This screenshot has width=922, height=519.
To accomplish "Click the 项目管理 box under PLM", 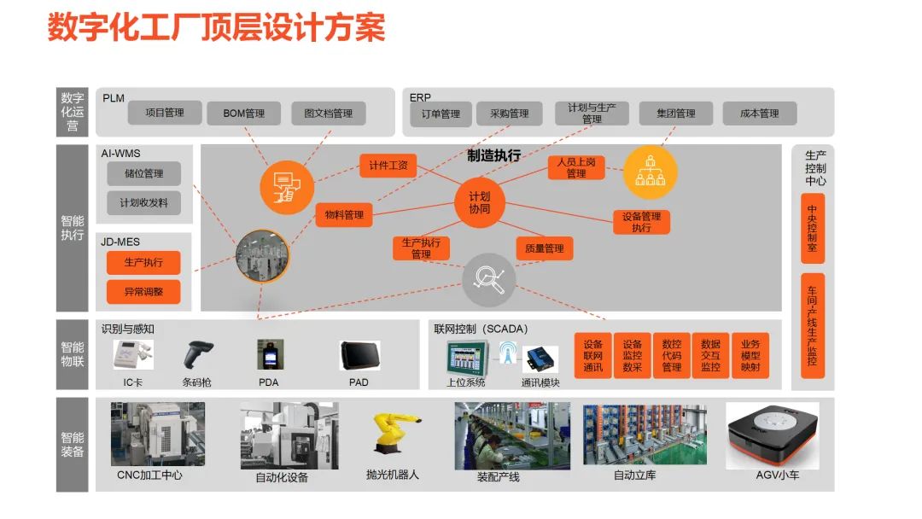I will click(x=165, y=113).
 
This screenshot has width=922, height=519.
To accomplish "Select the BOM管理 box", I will click(x=243, y=114).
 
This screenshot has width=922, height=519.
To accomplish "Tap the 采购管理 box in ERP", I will click(x=509, y=114).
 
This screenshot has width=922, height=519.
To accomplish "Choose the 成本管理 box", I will click(x=759, y=114).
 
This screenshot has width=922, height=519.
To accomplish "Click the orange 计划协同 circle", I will click(x=480, y=202).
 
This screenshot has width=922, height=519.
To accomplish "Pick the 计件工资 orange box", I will click(x=388, y=166).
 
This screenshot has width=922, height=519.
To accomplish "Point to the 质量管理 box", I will click(x=544, y=248).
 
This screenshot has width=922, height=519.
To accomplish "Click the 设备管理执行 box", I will click(x=641, y=222).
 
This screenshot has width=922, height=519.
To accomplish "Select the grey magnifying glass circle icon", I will click(x=489, y=278).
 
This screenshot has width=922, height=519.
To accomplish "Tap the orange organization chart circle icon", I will click(x=651, y=172).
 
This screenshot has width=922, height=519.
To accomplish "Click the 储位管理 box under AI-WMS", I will click(x=143, y=174).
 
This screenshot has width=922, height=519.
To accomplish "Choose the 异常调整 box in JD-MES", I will click(x=143, y=292).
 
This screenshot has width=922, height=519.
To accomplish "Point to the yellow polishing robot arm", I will click(x=394, y=434).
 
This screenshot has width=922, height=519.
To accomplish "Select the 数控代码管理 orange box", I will click(x=672, y=356).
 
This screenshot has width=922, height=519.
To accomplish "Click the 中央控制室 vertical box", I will click(x=812, y=229).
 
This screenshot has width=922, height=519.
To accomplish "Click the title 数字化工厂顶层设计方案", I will click(x=216, y=27).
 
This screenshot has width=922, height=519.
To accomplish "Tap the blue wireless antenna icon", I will click(x=508, y=353).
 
